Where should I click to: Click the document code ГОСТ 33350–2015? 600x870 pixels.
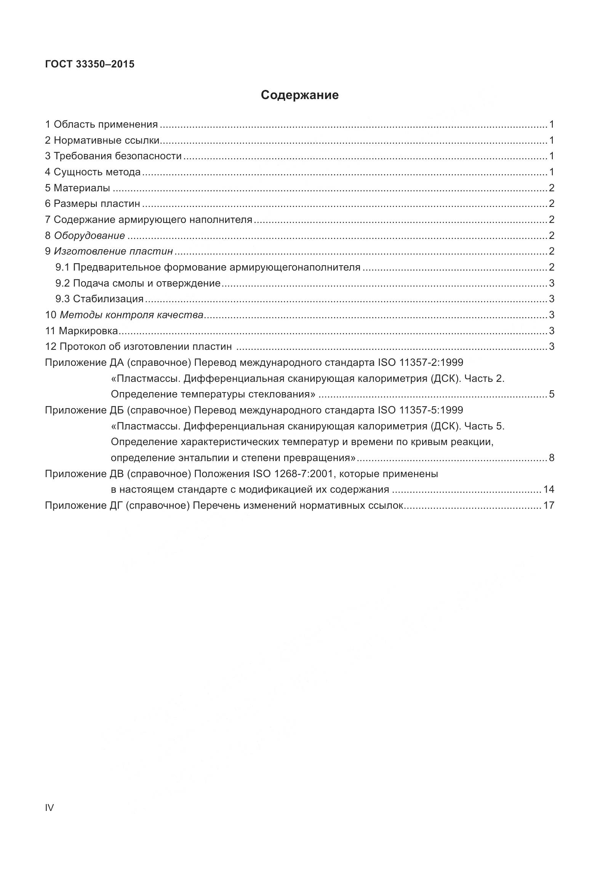coord(90,64)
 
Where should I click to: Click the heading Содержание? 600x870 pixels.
coord(299,95)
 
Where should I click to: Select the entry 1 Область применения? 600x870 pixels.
coord(101,124)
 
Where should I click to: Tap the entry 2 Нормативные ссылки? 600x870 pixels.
coord(102,140)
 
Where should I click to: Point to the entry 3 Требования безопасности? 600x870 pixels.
coord(113,156)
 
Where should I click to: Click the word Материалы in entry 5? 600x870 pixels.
coord(82,188)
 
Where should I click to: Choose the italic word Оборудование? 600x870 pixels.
coord(90,236)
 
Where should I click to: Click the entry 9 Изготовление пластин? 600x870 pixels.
coord(109,251)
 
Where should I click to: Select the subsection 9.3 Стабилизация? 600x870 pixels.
coord(99,299)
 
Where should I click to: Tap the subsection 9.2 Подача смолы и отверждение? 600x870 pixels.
coord(138,283)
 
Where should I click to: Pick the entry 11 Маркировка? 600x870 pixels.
coord(82,331)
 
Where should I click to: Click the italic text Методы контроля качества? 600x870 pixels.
coord(131,315)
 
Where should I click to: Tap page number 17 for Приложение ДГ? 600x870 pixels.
coord(549,506)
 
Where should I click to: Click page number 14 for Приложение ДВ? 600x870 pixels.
coord(549,490)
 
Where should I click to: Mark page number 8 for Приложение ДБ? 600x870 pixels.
coord(552,458)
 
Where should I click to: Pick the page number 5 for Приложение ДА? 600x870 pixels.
coord(552,394)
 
